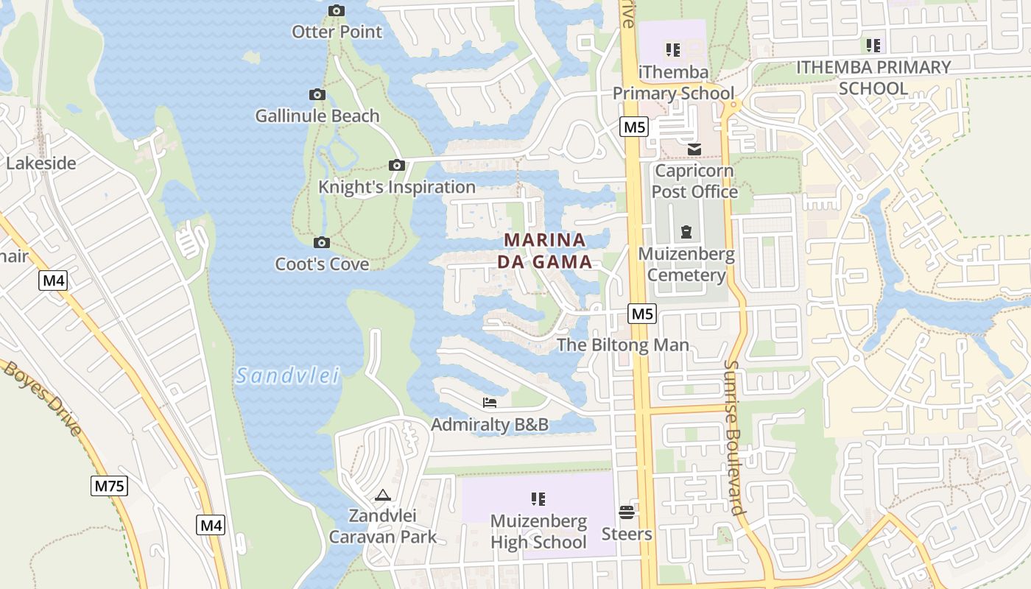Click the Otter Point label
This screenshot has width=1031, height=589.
tap(337, 32)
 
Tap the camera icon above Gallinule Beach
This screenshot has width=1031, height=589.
tap(317, 95)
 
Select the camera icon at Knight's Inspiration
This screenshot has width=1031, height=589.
tap(397, 166)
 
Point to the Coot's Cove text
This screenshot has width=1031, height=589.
tap(322, 264)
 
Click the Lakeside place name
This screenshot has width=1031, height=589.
tap(41, 163)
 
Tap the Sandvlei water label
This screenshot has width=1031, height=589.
tap(287, 376)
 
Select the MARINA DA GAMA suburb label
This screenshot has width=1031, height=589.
tap(544, 250)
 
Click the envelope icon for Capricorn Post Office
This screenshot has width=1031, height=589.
tap(694, 149)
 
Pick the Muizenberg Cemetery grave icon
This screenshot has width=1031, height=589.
tap(686, 233)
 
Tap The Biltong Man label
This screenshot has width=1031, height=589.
tap(623, 345)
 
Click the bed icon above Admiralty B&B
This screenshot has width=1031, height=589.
tap(490, 403)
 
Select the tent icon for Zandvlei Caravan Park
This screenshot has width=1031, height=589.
tap(382, 495)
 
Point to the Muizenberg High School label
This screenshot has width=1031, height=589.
tap(538, 532)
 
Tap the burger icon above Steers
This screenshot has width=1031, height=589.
tap(627, 512)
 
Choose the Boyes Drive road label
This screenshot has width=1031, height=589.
tap(43, 398)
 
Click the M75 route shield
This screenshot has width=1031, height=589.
tap(110, 486)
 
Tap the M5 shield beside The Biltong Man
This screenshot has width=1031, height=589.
tap(642, 314)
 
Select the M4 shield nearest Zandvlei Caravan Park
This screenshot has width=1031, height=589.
tap(211, 526)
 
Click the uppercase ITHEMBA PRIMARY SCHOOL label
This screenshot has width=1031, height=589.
tap(873, 77)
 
